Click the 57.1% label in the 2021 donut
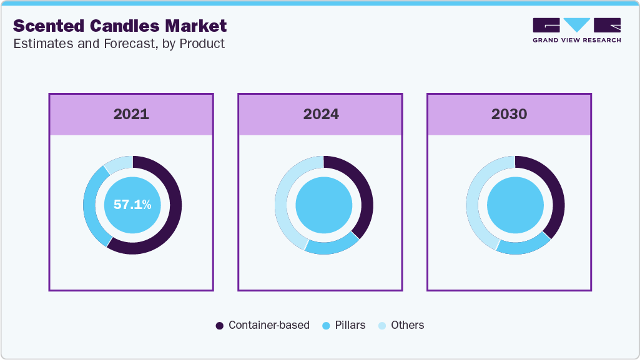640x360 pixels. click(x=132, y=205)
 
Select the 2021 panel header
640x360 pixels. click(x=131, y=114)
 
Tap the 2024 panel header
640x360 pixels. click(x=320, y=114)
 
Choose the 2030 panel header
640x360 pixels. click(x=509, y=114)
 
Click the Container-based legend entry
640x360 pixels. click(x=262, y=325)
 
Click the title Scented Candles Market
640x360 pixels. click(x=119, y=26)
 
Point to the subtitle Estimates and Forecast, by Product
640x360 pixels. click(x=119, y=44)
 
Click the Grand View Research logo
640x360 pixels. click(x=576, y=30)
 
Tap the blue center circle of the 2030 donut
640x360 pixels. click(x=515, y=205)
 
